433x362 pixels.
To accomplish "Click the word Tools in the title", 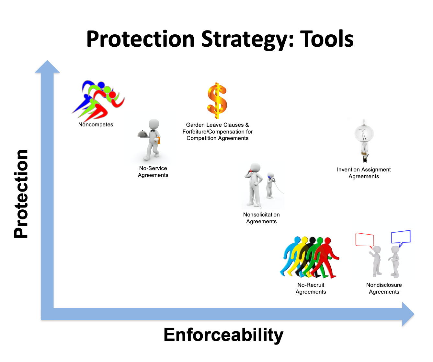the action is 327,39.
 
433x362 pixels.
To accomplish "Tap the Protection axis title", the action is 21,194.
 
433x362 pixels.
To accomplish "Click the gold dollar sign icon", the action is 217,101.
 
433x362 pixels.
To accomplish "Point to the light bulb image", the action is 364,141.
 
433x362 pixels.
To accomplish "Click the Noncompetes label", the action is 96,124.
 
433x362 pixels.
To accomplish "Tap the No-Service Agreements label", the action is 153,172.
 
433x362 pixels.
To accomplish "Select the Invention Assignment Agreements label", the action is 364,173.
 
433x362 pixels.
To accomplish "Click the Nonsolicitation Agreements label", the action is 261,218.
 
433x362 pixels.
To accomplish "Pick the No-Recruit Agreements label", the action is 311,288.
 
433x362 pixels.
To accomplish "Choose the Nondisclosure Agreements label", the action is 384,288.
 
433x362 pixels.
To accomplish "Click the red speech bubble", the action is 365,240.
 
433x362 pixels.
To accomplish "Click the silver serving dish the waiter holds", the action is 143,134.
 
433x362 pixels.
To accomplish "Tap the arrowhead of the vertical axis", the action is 47,66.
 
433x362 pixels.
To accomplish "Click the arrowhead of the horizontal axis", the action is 408,314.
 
